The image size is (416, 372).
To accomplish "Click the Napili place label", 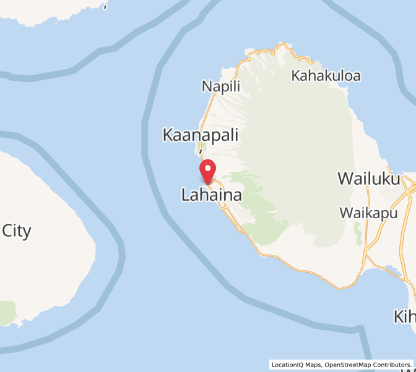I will pos(220,86).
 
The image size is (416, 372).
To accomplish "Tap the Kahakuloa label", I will pos(326,76).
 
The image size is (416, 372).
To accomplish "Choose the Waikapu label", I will pos(368,213).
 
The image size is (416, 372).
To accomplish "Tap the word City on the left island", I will pos(17,231).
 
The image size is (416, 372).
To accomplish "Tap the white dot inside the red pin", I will pos(208,168).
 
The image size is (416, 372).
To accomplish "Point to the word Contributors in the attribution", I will pos(392,365).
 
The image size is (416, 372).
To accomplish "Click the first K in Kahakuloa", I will pos(296,76).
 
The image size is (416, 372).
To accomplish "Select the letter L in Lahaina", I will pos(185,195).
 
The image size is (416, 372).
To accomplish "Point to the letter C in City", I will pos(8,231).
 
